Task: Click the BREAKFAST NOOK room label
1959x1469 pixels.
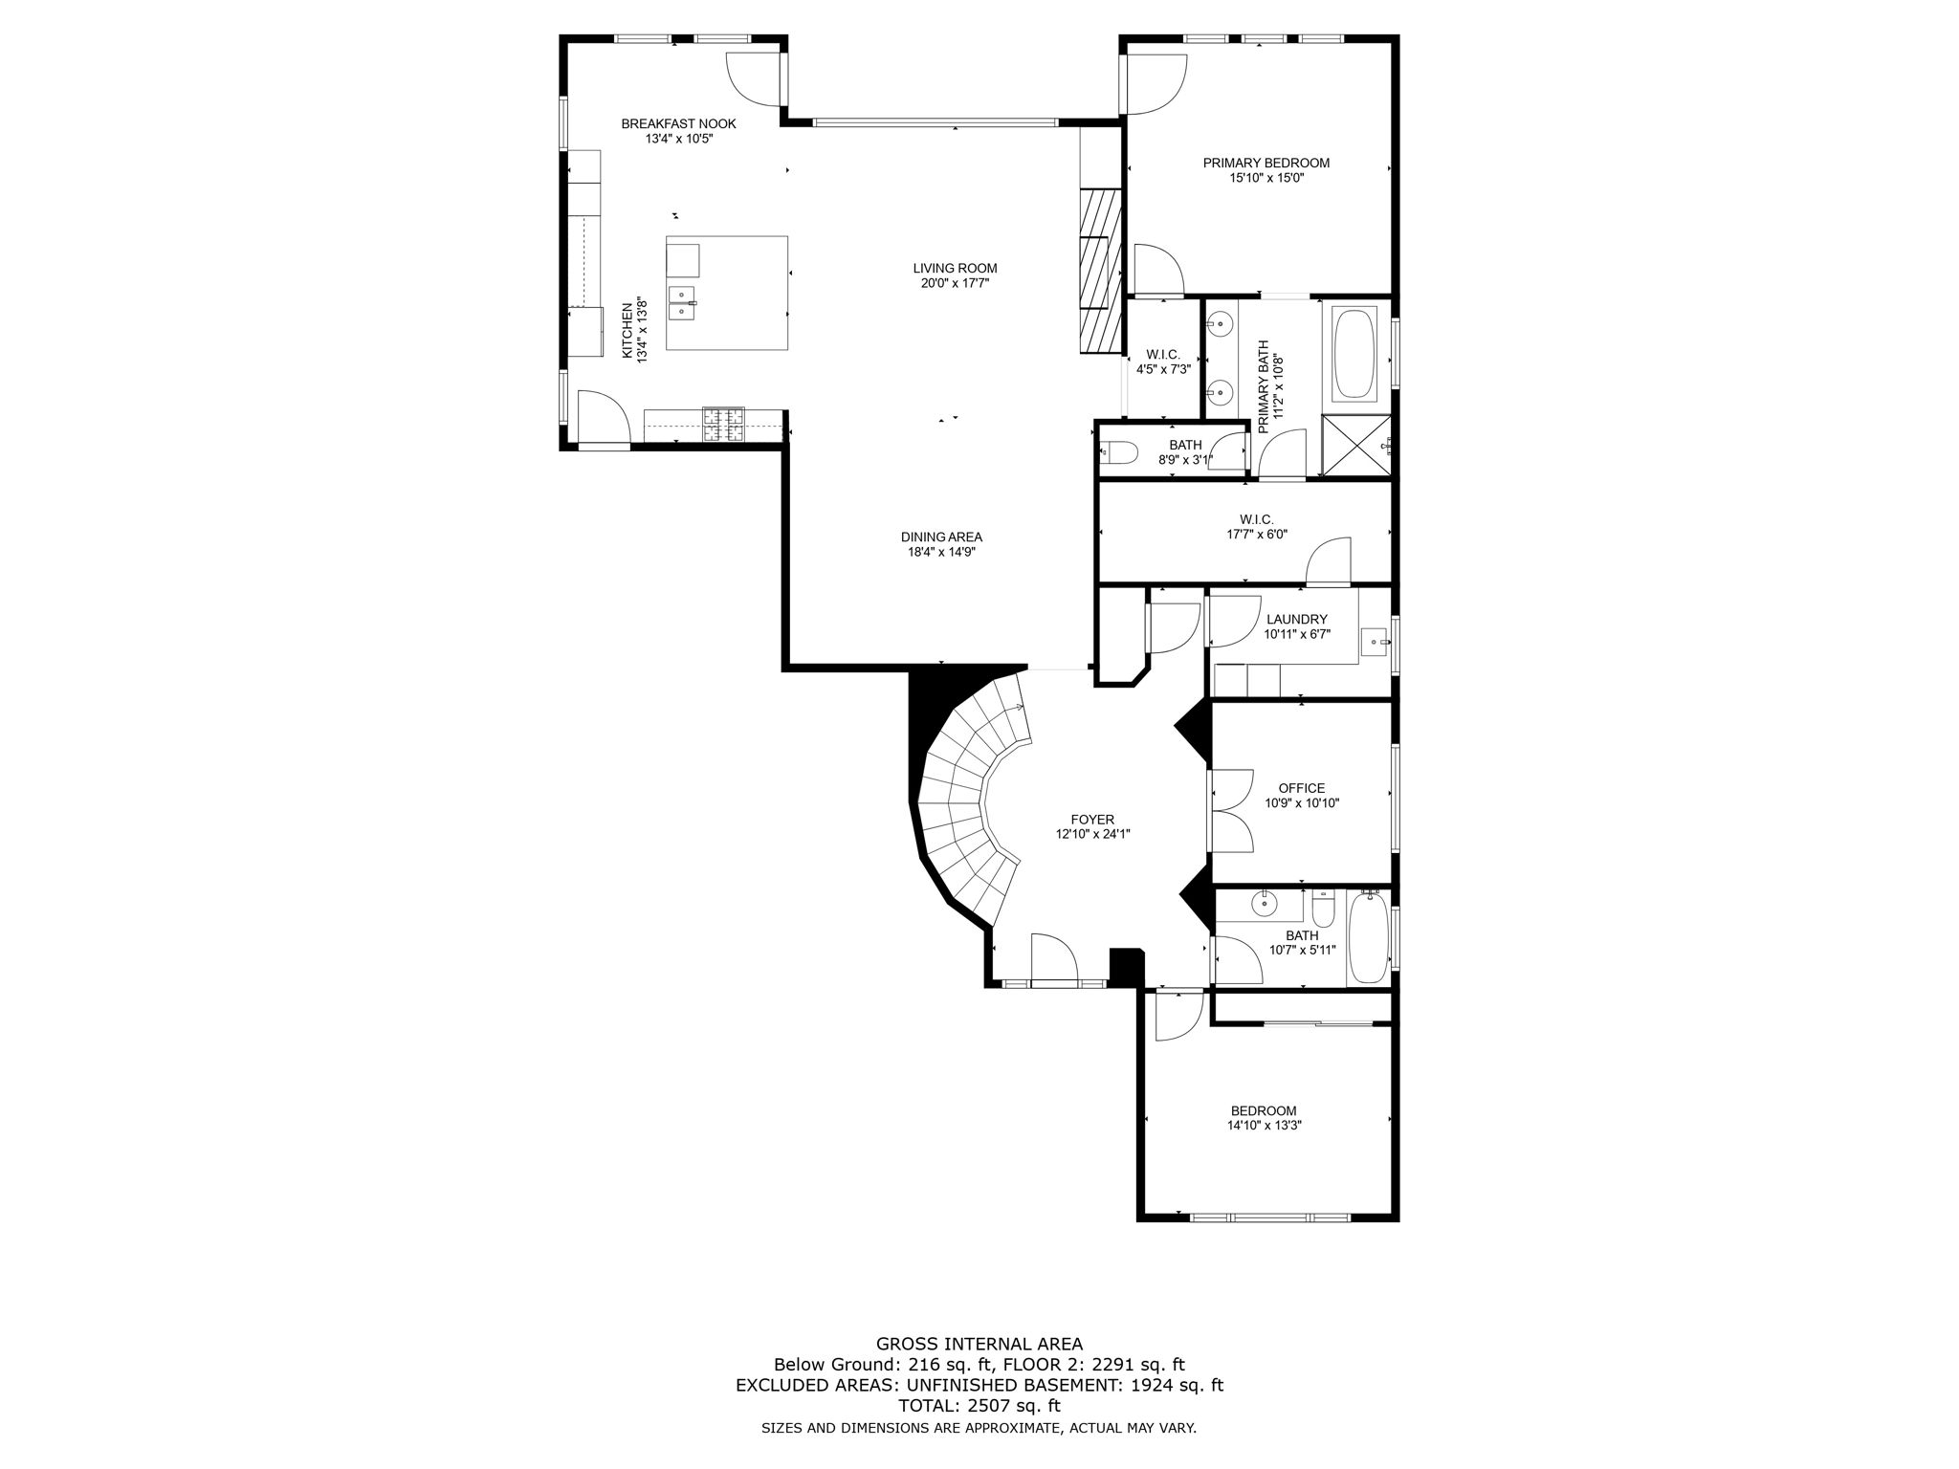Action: tap(678, 123)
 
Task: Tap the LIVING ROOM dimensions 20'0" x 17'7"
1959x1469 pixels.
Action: tap(955, 283)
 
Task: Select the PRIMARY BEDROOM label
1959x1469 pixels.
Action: tap(1266, 163)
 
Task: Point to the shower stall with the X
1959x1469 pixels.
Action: tap(1356, 445)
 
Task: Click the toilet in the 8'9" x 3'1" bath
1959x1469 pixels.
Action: tap(1117, 453)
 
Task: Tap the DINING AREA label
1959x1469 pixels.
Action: tap(941, 537)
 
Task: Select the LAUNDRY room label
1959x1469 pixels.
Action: tap(1296, 619)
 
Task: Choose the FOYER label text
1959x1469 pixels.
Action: tap(1092, 820)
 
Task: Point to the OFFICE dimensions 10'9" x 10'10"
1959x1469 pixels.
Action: tap(1302, 803)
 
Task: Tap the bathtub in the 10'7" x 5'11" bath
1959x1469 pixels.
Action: tap(1367, 938)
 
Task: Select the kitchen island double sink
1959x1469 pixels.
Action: tap(683, 302)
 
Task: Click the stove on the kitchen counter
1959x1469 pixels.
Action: tap(724, 425)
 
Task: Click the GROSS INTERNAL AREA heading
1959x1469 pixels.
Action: tap(979, 1344)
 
